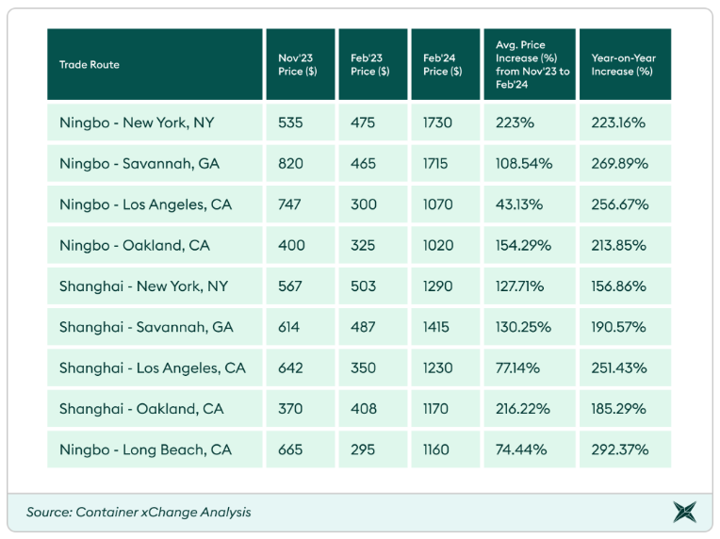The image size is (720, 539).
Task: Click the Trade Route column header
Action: point(90,65)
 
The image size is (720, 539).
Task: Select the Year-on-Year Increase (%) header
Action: point(623,64)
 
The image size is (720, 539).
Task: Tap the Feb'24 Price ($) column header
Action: point(442,64)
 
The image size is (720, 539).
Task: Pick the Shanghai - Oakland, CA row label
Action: point(141,409)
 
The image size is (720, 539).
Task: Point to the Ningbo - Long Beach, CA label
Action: point(146,449)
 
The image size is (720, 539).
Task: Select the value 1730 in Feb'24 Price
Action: point(438,122)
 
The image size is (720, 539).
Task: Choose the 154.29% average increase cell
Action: point(524,245)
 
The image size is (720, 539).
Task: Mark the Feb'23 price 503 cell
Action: point(363,286)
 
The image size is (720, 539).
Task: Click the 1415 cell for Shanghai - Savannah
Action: point(437,327)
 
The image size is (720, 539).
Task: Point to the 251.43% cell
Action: point(619,367)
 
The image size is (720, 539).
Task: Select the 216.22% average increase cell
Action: point(523,409)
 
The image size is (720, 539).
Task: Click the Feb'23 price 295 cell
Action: point(363,449)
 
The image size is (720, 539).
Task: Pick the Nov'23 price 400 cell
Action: point(291,245)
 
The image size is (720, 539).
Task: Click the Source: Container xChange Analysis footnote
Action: point(139,513)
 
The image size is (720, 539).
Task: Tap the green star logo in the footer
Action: point(685,513)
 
